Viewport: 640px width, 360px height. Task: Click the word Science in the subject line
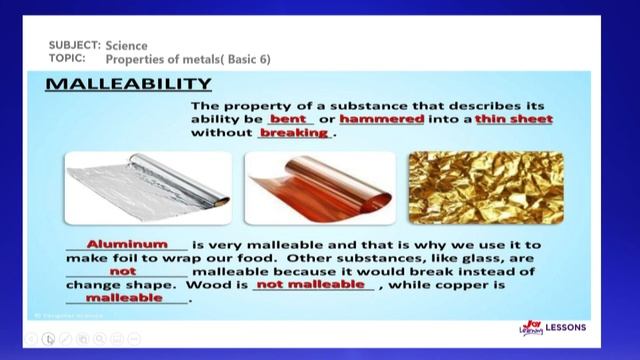[127, 46]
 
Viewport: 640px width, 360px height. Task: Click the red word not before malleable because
[123, 271]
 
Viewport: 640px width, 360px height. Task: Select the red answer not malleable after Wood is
[312, 284]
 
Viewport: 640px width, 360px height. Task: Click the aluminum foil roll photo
[148, 187]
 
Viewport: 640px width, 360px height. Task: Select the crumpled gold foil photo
[485, 187]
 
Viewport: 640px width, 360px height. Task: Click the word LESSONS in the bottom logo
[566, 328]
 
